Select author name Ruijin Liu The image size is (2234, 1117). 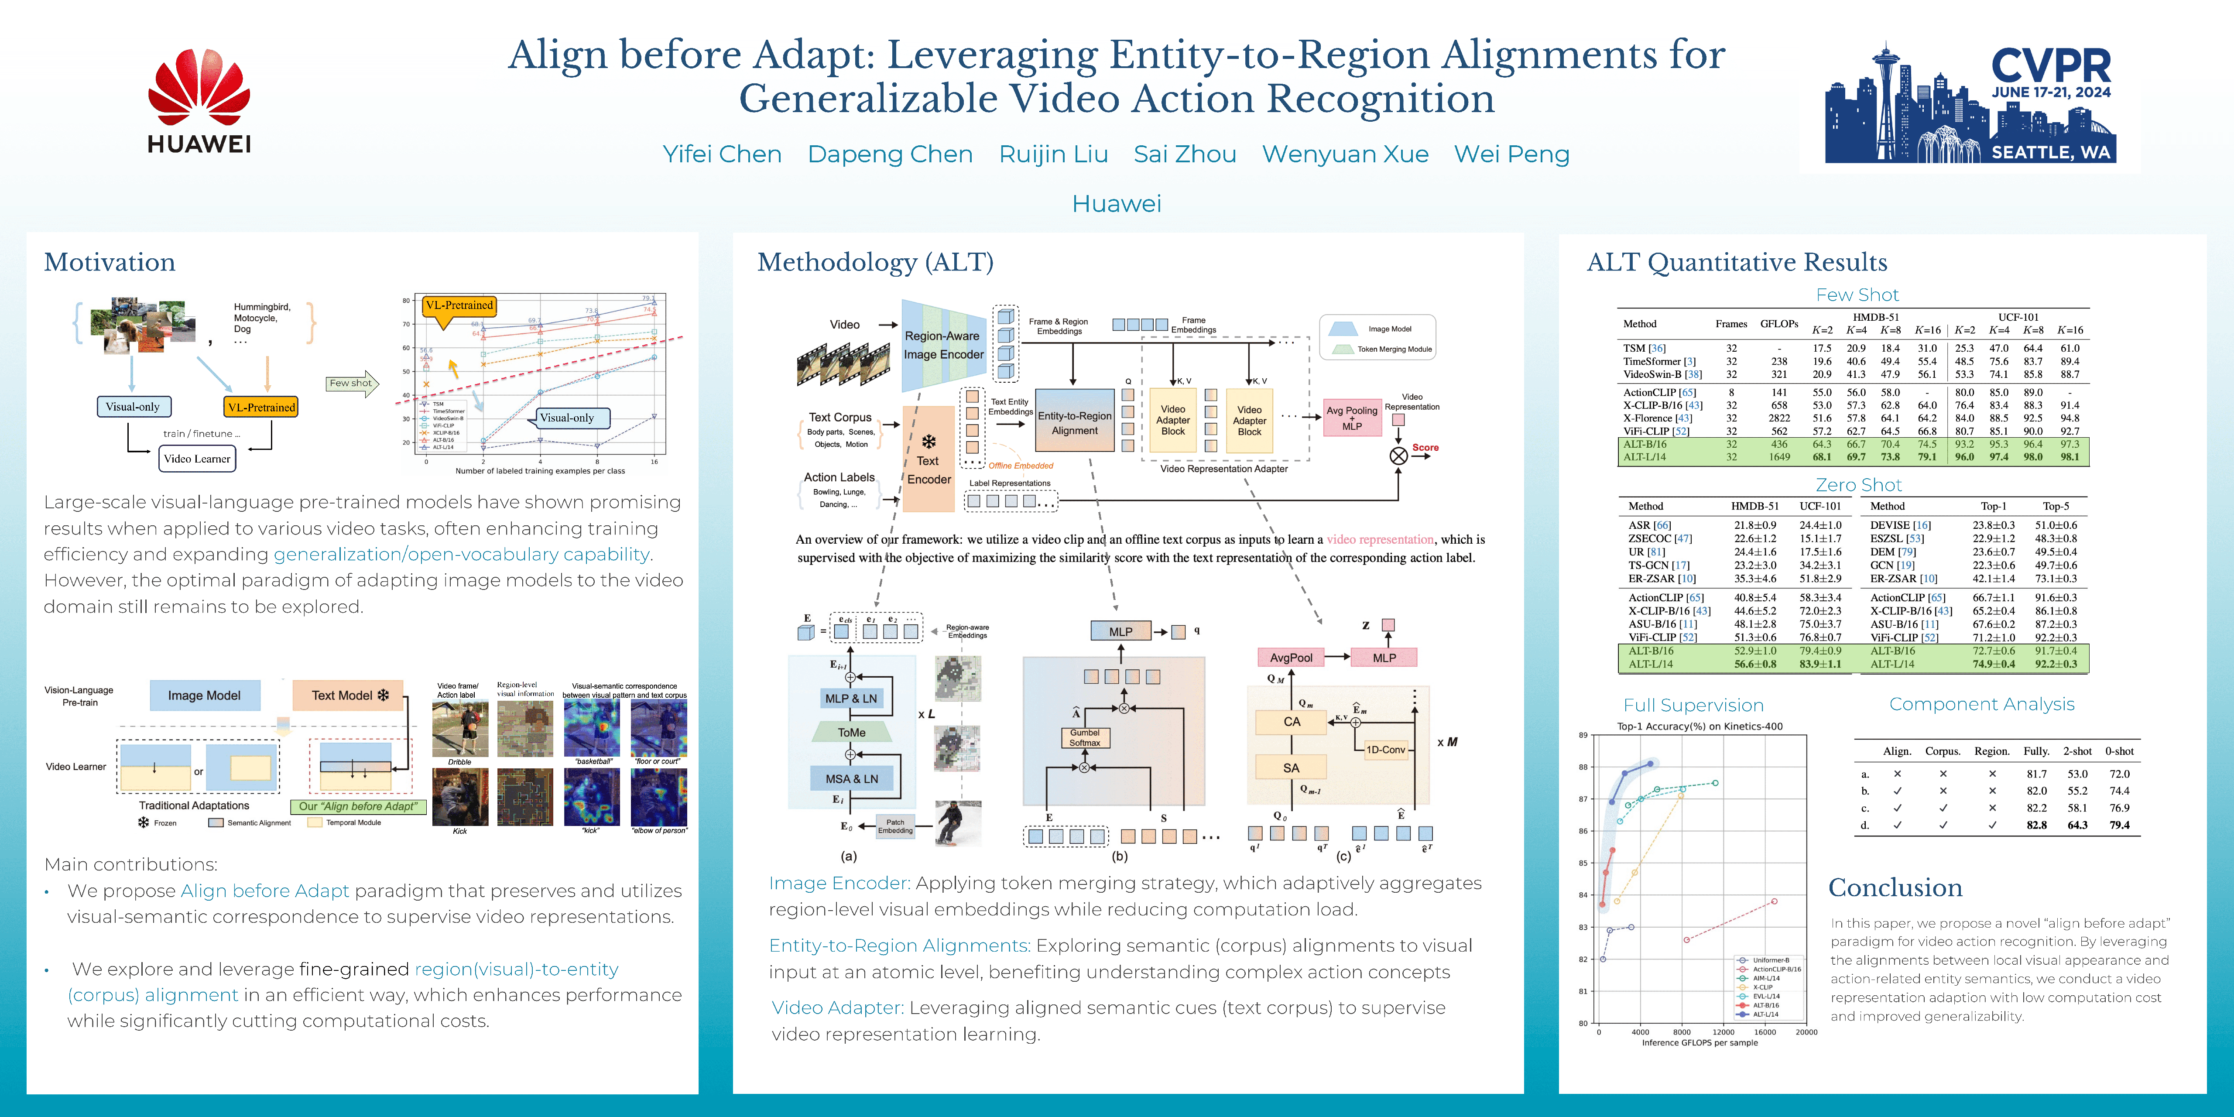coord(1053,154)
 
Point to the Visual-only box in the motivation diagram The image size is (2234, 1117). coord(133,407)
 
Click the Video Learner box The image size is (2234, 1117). coord(197,459)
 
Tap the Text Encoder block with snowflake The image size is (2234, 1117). coord(929,459)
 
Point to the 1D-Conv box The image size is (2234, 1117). coord(1385,749)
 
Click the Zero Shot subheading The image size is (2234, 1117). coord(1857,485)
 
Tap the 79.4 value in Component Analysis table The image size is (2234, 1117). coord(2119,825)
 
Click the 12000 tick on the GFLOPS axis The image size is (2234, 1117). coord(1723,1032)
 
